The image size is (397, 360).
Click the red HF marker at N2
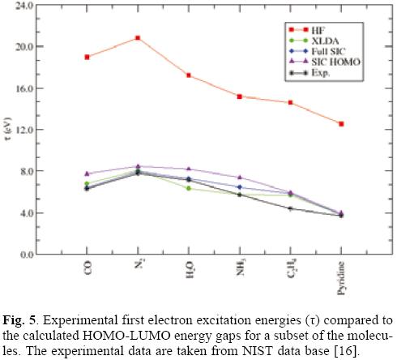[138, 37]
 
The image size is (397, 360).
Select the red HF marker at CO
[87, 57]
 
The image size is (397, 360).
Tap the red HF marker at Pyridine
[341, 124]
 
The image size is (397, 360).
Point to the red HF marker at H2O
[189, 75]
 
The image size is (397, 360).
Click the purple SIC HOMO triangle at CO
[87, 174]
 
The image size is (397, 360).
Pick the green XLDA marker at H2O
[189, 188]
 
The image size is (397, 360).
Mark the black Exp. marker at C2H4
[290, 208]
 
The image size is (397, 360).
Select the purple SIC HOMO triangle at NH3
[240, 177]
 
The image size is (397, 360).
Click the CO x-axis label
[87, 268]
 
